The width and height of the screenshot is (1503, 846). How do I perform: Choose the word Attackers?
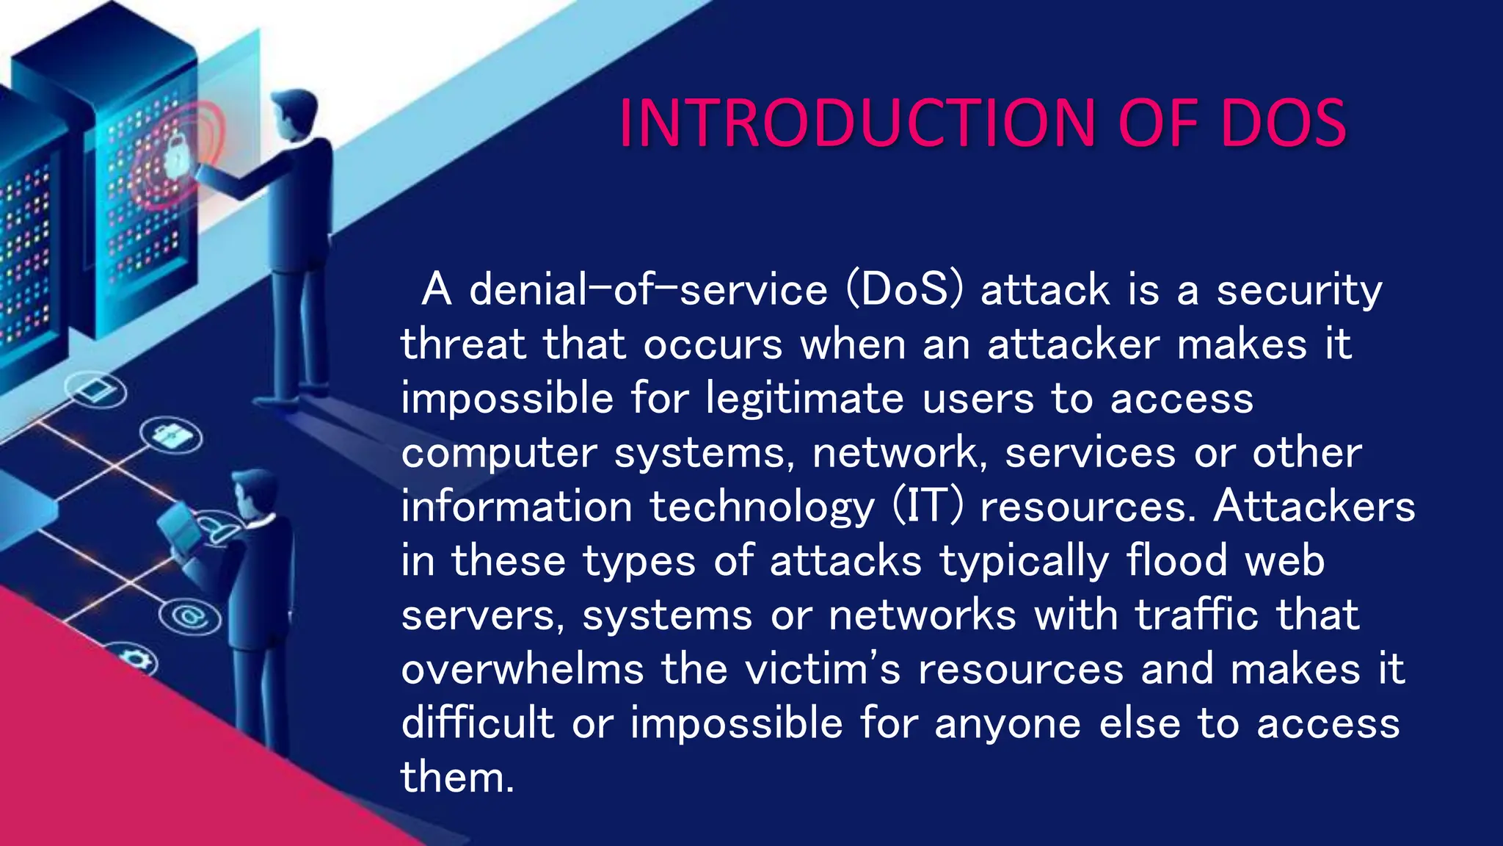point(1314,507)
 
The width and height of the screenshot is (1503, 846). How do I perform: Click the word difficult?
point(477,723)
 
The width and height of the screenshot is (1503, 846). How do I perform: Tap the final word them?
point(456,777)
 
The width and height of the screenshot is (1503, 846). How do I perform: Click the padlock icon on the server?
point(176,156)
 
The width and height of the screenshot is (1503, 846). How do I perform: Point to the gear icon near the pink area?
point(137,657)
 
